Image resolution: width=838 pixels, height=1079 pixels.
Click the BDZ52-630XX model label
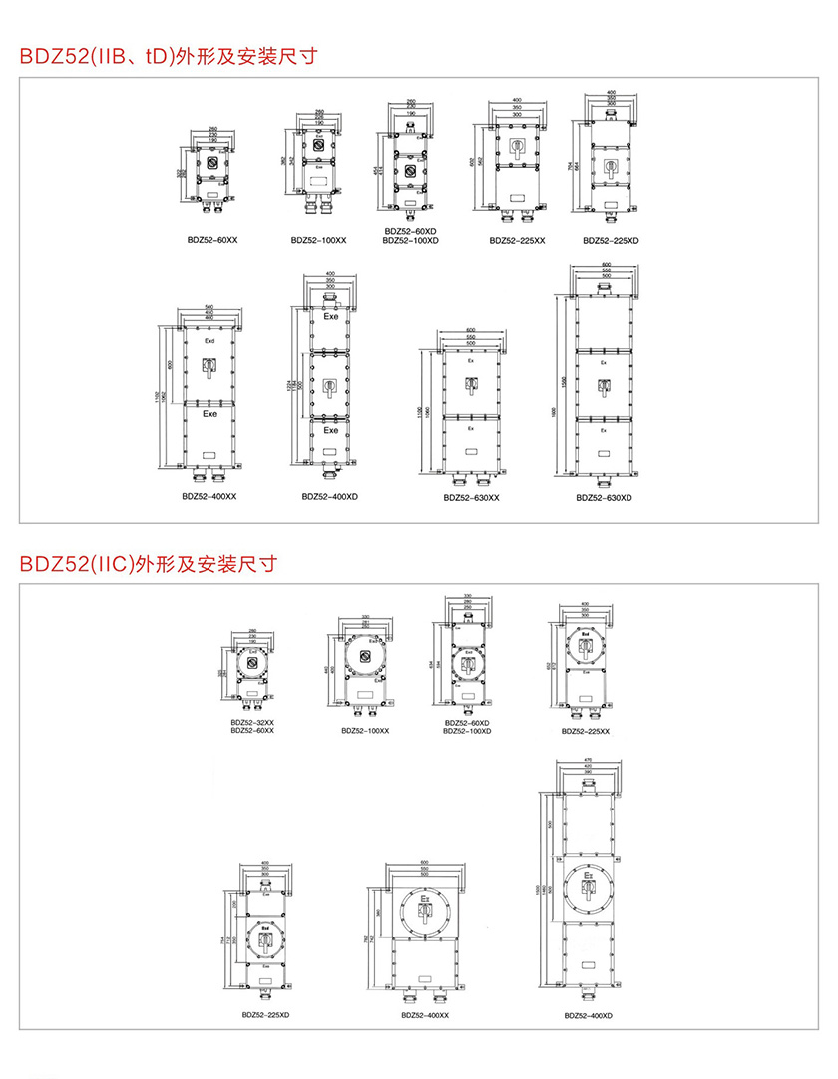[471, 497]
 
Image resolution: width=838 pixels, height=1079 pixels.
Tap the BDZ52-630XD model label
[603, 497]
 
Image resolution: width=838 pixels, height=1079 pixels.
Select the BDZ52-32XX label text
[252, 722]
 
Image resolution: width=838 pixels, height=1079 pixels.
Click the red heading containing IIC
[148, 564]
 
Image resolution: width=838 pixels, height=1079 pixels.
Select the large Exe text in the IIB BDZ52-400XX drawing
[209, 413]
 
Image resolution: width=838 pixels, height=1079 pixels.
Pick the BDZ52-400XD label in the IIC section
[588, 1015]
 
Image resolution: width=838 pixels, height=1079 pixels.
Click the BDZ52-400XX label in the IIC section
[425, 1015]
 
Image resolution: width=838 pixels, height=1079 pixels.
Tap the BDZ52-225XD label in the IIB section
[610, 240]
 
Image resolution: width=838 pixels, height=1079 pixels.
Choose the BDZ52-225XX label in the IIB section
[517, 240]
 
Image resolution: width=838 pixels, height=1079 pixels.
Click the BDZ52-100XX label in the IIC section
[365, 730]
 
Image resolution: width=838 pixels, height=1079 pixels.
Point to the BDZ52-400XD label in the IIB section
[330, 495]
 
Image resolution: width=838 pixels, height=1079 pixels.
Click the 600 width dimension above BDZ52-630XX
[471, 330]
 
